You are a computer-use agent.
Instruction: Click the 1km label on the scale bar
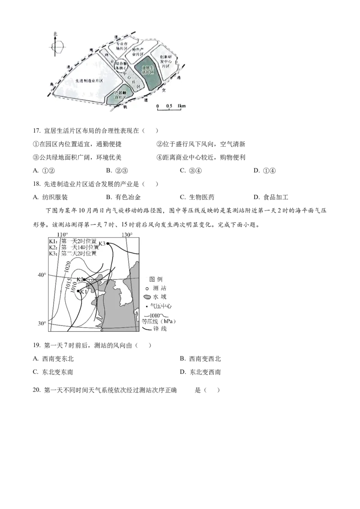point(182,106)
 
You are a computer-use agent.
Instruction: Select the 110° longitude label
point(62,234)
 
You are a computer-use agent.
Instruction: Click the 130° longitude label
point(127,234)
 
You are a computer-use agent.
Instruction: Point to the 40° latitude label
point(41,275)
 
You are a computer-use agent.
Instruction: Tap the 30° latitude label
point(41,324)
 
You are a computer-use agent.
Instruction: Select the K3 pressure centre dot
point(108,243)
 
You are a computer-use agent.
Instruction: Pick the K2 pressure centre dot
point(84,279)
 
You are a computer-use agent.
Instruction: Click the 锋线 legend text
point(161,330)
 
